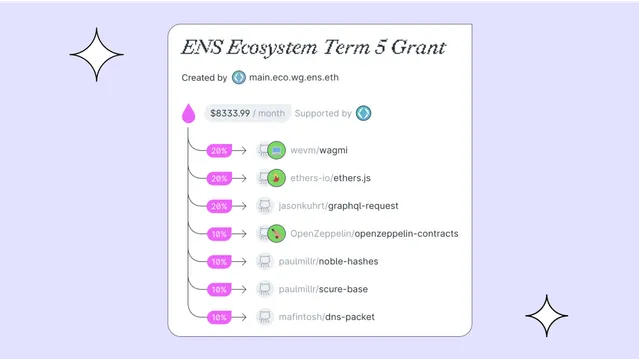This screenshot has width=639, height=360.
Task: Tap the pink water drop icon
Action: [188, 114]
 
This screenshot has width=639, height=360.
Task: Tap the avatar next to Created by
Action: [239, 77]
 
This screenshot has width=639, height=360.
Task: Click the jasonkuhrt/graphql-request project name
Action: [338, 206]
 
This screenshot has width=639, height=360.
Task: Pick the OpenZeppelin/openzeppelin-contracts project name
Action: [374, 233]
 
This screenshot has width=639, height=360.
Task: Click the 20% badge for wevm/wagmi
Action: [218, 151]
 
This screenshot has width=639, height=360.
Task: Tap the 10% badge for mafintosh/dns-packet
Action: [218, 317]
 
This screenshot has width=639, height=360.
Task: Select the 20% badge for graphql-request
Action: [218, 206]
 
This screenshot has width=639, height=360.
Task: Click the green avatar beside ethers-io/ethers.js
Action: [277, 178]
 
